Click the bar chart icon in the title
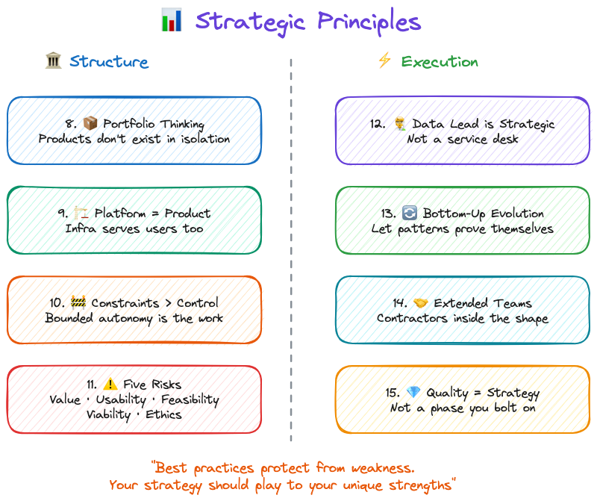[x=172, y=20]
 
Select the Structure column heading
[x=109, y=62]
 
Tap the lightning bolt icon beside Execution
[x=384, y=61]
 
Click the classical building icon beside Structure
[x=53, y=61]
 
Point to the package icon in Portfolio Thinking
[x=91, y=124]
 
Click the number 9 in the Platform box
[x=62, y=214]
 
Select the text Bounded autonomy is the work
[x=134, y=318]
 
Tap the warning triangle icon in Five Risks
[x=110, y=385]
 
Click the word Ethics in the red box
[x=163, y=414]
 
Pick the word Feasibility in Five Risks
[x=190, y=399]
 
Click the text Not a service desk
[x=462, y=139]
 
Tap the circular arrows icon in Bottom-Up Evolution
[x=411, y=214]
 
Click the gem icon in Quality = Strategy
[x=414, y=393]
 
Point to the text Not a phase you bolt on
[x=462, y=408]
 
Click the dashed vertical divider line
[x=291, y=246]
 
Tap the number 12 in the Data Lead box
[x=377, y=124]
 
